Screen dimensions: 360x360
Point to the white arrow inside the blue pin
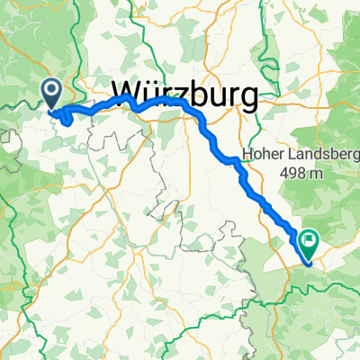point(51,90)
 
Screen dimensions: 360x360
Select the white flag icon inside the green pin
point(309,239)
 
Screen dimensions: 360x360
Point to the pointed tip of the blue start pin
point(51,110)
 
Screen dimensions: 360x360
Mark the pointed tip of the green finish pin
point(309,260)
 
